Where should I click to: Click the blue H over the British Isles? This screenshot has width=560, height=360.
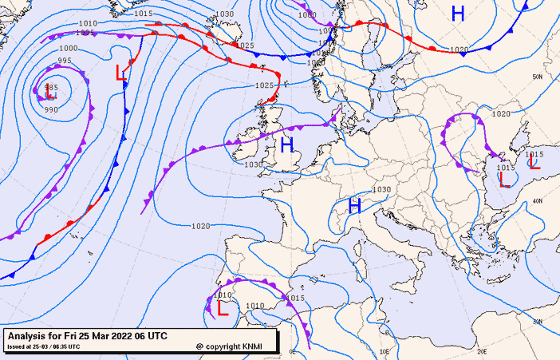(x=287, y=144)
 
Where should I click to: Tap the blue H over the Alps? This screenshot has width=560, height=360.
(x=355, y=206)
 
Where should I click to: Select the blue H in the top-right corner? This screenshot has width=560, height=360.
(x=458, y=13)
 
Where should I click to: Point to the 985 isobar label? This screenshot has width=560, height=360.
(x=51, y=87)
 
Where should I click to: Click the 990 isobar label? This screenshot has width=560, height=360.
(x=51, y=109)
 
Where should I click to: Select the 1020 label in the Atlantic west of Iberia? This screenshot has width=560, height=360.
(x=200, y=226)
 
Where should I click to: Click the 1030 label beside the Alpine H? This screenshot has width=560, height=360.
(x=381, y=189)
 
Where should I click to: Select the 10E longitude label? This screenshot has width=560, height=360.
(x=385, y=351)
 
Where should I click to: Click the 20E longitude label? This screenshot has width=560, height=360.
(x=481, y=351)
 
